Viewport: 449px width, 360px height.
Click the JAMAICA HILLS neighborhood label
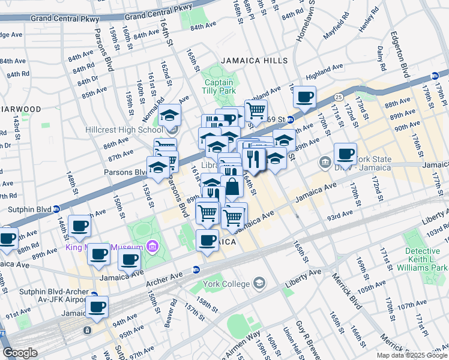coord(254,61)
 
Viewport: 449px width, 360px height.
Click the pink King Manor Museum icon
coord(152,247)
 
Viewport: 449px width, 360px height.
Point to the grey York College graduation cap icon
coord(259,283)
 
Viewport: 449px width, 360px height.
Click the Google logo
coord(20,353)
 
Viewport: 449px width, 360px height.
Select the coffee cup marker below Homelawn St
coord(304,97)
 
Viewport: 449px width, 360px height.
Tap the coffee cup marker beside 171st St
coord(346,154)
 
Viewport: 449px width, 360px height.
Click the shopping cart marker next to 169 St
coord(256,110)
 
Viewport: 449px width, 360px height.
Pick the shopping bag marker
coord(232,187)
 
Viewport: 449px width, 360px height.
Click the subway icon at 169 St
coord(289,119)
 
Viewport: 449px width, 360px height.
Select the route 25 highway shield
coord(339,96)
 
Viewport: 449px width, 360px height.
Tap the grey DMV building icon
coord(325,161)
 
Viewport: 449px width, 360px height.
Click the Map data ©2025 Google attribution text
coord(411,355)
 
